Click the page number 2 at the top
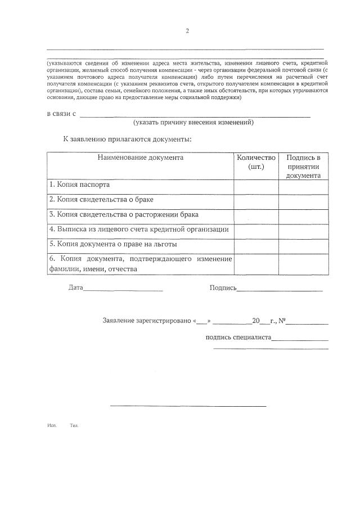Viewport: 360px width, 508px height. [x=187, y=31]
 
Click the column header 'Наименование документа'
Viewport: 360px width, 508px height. [x=140, y=158]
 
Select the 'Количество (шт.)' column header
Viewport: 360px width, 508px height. [x=256, y=163]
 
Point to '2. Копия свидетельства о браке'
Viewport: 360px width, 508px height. [x=101, y=200]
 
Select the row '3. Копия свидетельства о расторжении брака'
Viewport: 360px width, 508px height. [x=124, y=215]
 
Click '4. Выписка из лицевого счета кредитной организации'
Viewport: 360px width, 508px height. [x=139, y=230]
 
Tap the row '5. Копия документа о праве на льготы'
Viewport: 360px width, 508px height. [x=113, y=244]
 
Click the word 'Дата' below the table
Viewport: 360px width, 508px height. [x=75, y=287]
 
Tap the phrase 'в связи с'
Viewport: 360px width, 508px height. [x=61, y=114]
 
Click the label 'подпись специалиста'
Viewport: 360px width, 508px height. [x=238, y=338]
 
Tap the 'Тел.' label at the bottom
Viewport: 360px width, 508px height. [x=74, y=425]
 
